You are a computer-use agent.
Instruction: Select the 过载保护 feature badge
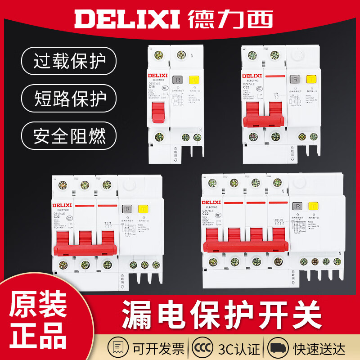(68, 62)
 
